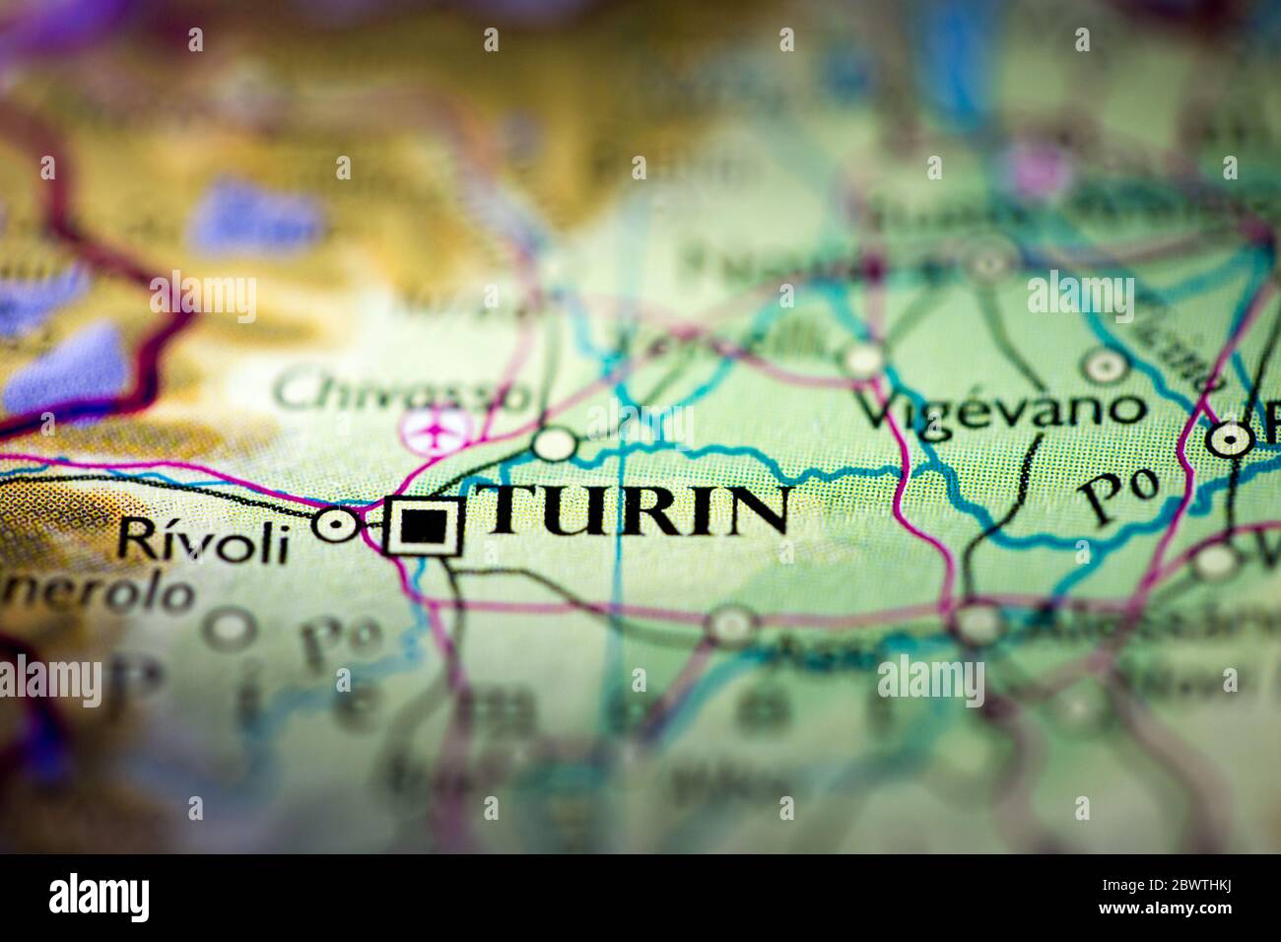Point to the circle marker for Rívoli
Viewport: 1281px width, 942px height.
pyautogui.click(x=338, y=524)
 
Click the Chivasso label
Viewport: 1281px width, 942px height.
pyautogui.click(x=402, y=392)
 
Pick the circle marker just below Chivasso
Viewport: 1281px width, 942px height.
pyautogui.click(x=555, y=444)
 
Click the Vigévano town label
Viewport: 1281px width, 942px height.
pyautogui.click(x=1003, y=408)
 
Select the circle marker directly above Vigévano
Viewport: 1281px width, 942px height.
pyautogui.click(x=1104, y=366)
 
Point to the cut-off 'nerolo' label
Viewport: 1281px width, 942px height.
pyautogui.click(x=97, y=594)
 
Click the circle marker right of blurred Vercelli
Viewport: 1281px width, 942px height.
pyautogui.click(x=863, y=358)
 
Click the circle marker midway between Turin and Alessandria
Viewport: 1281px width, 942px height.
pyautogui.click(x=731, y=625)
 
